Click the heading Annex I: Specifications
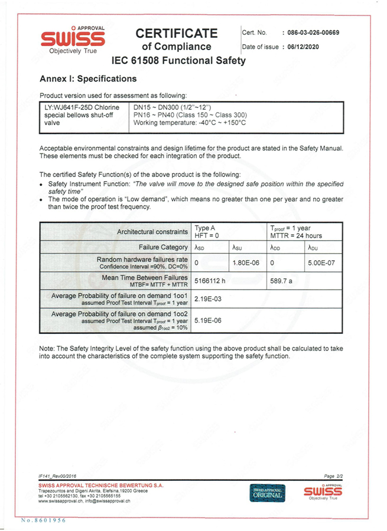click(87, 78)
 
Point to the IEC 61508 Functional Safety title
click(178, 61)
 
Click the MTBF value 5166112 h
click(210, 281)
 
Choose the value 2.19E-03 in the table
click(207, 300)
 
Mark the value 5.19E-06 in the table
click(207, 322)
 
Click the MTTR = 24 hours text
click(296, 236)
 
